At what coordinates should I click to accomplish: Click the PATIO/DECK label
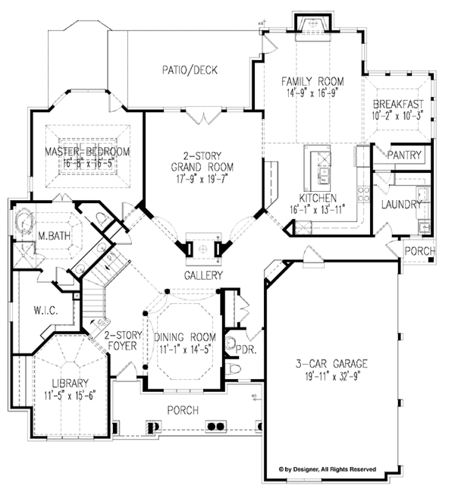[x=190, y=70]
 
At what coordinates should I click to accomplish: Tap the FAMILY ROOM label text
[x=312, y=81]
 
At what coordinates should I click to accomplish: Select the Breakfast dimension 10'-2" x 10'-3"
[x=397, y=115]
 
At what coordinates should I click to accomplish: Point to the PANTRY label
[x=404, y=155]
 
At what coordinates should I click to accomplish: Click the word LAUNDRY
[x=401, y=205]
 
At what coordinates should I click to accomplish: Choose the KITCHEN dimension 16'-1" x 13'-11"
[x=317, y=210]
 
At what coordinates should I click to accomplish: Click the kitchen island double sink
[x=323, y=176]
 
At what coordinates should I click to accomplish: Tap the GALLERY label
[x=203, y=275]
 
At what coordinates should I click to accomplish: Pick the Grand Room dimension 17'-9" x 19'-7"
[x=202, y=179]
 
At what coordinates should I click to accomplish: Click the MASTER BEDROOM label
[x=87, y=152]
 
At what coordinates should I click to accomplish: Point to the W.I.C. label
[x=45, y=311]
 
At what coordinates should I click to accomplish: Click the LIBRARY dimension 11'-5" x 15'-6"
[x=70, y=396]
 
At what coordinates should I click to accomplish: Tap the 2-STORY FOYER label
[x=123, y=340]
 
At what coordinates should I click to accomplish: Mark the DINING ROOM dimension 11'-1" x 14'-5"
[x=185, y=349]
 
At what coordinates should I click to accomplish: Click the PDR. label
[x=246, y=349]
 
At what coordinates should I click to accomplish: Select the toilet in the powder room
[x=234, y=368]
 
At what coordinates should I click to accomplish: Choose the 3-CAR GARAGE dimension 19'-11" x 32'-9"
[x=331, y=376]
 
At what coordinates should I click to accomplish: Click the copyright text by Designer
[x=328, y=469]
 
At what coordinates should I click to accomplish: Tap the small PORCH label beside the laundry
[x=420, y=251]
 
